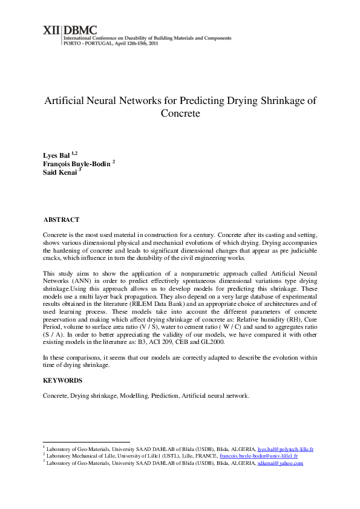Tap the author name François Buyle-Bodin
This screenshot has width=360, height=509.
pos(76,164)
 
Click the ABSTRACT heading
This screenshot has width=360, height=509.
pos(62,219)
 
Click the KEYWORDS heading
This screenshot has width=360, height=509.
pos(64,380)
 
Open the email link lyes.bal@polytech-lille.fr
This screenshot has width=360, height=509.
pos(285,450)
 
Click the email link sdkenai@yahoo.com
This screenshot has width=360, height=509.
pos(280,463)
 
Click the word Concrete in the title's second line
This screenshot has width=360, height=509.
pos(180,113)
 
